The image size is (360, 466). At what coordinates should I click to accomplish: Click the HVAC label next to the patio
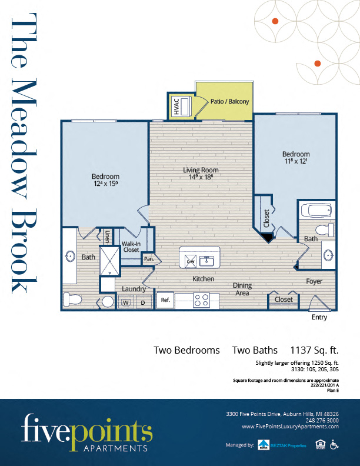coord(175,106)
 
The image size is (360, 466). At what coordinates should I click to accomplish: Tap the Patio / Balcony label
coord(229,102)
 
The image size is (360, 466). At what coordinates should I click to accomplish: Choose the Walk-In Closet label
coord(131,247)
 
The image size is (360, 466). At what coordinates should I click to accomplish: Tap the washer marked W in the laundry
coord(125,302)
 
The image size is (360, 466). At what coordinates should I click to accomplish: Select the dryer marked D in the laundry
coord(142,302)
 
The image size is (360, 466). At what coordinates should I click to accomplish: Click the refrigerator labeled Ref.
coord(165,301)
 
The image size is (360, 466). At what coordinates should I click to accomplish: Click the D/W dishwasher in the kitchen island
coord(191,260)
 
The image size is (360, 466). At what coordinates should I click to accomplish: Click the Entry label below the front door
coord(319,317)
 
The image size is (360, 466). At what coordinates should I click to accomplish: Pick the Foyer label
coord(314,281)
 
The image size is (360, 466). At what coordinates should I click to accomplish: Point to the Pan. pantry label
coord(149,258)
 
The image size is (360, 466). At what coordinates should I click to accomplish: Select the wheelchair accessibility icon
coord(334,444)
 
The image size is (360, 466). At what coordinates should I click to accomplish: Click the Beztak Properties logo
coord(282,445)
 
